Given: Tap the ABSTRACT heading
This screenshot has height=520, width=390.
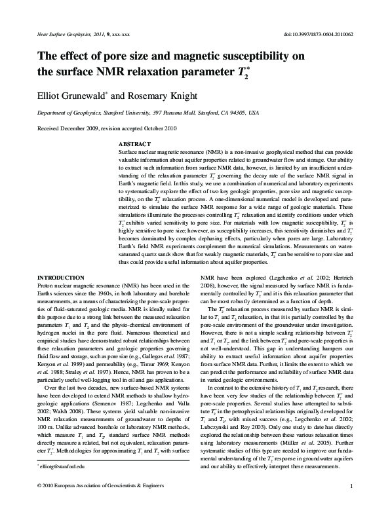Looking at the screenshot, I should [136, 142].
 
